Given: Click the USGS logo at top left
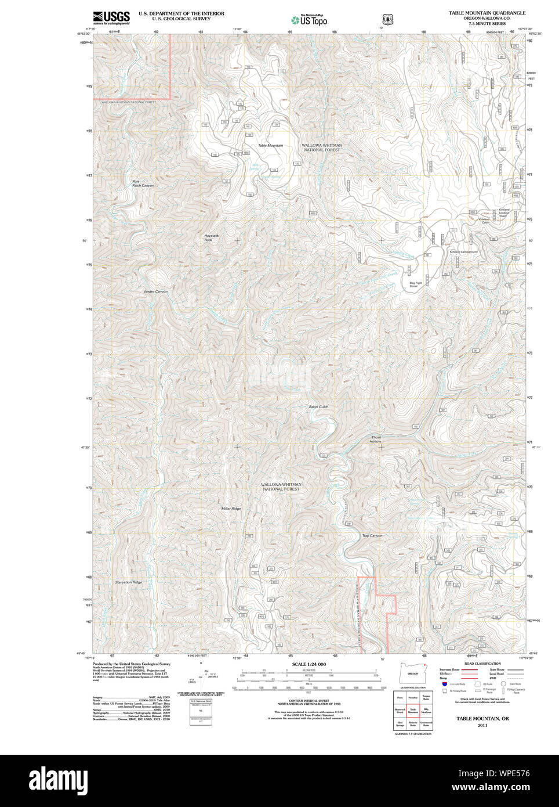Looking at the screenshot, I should pos(111,17).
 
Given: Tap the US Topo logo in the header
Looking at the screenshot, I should pos(310,20).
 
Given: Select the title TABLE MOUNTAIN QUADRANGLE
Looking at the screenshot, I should pos(487,13).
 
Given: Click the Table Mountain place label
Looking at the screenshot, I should pos(270,145).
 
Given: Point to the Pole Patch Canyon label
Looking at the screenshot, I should pos(143,183).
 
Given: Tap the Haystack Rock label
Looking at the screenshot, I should pos(211,237).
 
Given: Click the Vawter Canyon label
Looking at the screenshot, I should pos(155,291).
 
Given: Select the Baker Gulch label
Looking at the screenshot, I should pos(318,406).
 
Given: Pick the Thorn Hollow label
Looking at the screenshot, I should pos(376,439).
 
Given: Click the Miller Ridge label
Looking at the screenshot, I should pos(231,509).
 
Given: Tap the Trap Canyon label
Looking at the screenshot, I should pos(372,535).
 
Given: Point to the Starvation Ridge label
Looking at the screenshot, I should pos(128,582).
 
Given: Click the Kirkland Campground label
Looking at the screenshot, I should pos(463,252).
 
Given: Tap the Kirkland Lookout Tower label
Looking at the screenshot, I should pos(503,212).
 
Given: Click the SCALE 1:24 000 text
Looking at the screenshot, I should pos(308,664).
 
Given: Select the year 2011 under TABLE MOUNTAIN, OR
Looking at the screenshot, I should pos(482,725).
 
